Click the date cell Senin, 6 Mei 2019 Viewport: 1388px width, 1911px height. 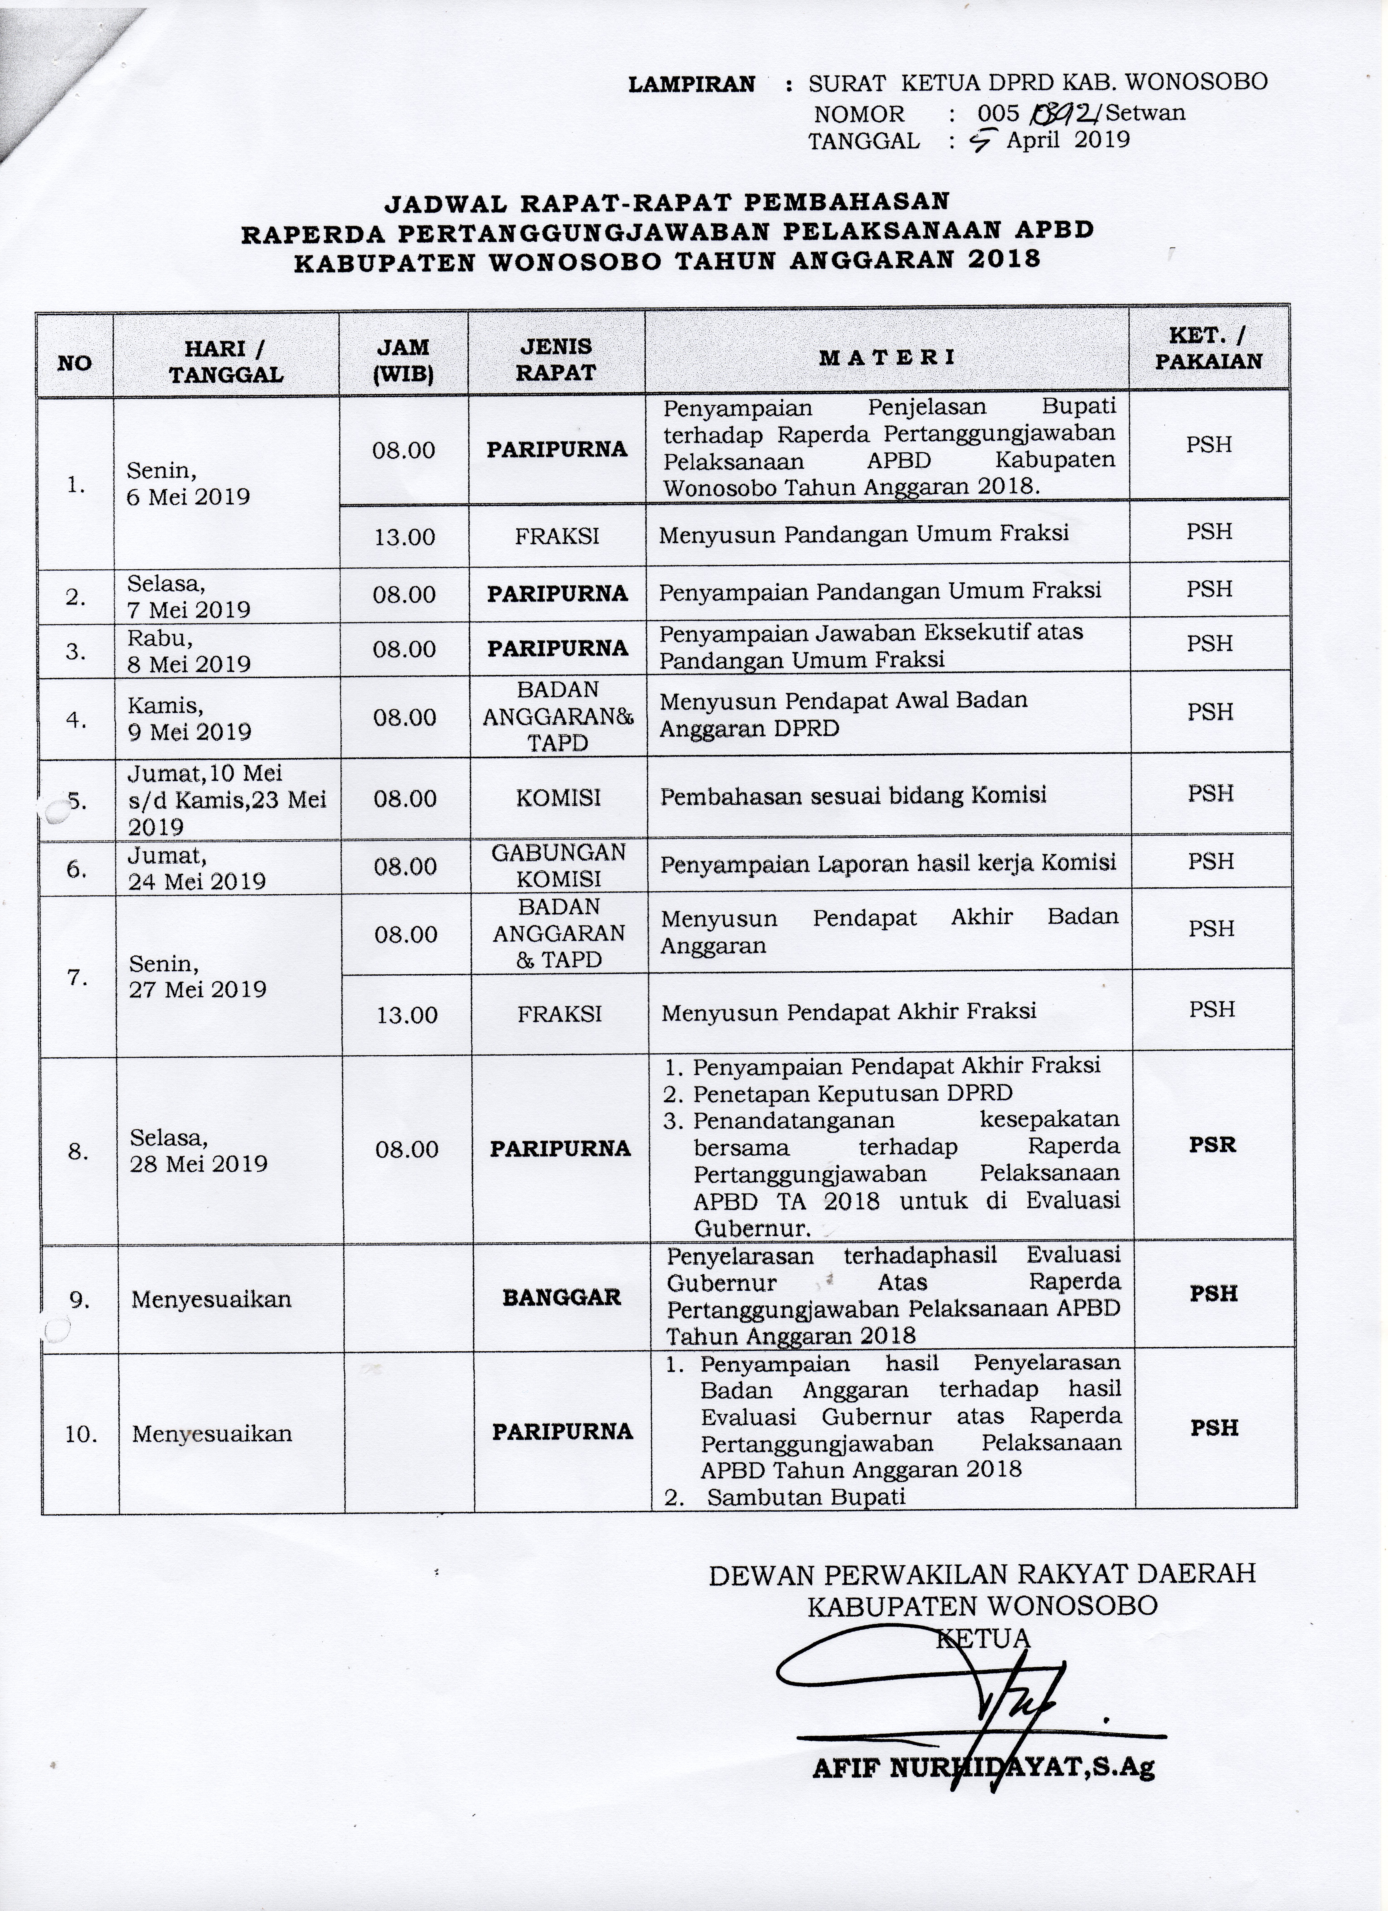point(188,484)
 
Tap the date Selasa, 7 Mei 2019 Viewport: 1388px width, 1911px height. point(189,596)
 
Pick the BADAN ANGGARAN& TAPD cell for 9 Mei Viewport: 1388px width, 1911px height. point(557,716)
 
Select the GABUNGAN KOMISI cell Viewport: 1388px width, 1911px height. point(558,865)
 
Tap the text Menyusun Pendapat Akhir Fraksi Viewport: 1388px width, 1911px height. point(848,1011)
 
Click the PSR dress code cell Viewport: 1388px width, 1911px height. point(1212,1145)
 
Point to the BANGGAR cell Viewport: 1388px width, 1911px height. point(561,1297)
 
